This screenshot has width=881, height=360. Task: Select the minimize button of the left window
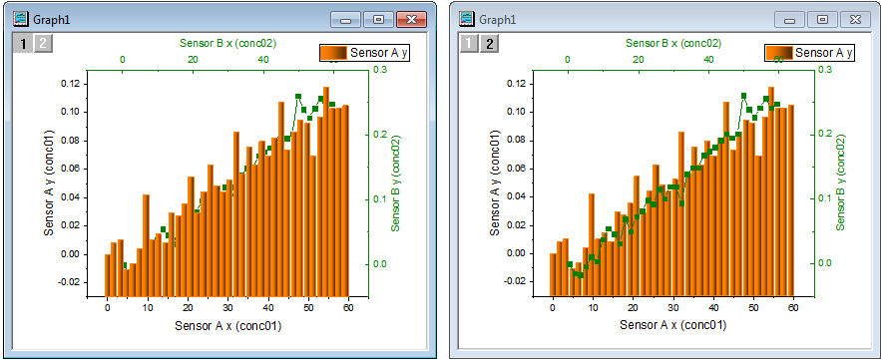[348, 19]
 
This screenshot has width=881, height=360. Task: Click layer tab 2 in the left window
[42, 42]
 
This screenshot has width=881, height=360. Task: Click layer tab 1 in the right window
[468, 42]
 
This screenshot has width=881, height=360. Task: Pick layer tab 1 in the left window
[23, 42]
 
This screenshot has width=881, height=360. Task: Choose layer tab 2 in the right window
[488, 42]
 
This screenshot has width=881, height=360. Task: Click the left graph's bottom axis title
[227, 325]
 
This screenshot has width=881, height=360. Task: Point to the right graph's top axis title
[673, 43]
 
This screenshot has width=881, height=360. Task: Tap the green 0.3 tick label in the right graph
[824, 70]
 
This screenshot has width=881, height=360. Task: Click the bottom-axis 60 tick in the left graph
[348, 307]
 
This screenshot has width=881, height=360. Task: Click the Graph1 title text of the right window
[498, 19]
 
